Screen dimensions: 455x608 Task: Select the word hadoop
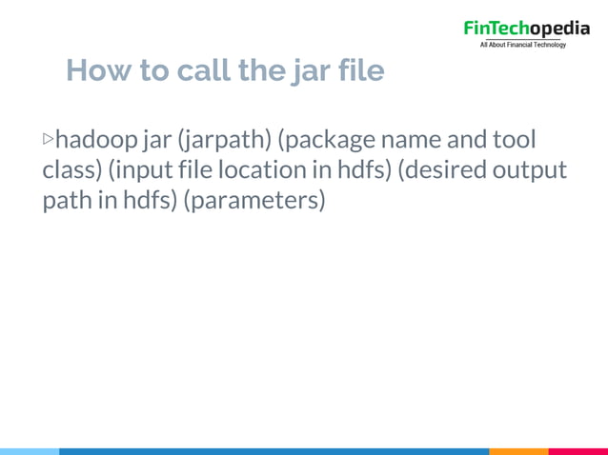coord(96,141)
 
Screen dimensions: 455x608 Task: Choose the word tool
coord(516,141)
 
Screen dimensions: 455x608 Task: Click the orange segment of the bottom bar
coord(518,451)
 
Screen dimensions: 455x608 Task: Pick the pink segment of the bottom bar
coord(578,451)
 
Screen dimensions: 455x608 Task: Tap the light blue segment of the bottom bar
coord(29,451)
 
